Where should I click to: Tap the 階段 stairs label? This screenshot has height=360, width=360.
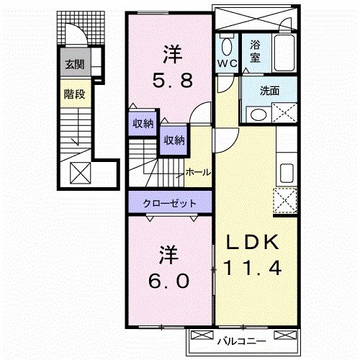coord(74,93)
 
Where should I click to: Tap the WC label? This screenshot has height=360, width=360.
coord(228,63)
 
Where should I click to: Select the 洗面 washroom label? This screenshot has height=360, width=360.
coord(259,91)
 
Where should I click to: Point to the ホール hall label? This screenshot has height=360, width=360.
coord(198,173)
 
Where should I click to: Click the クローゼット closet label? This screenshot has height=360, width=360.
coord(170,203)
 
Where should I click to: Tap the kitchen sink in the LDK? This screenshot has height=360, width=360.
coord(286,174)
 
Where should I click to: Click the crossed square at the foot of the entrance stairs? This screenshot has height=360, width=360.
coord(80,174)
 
